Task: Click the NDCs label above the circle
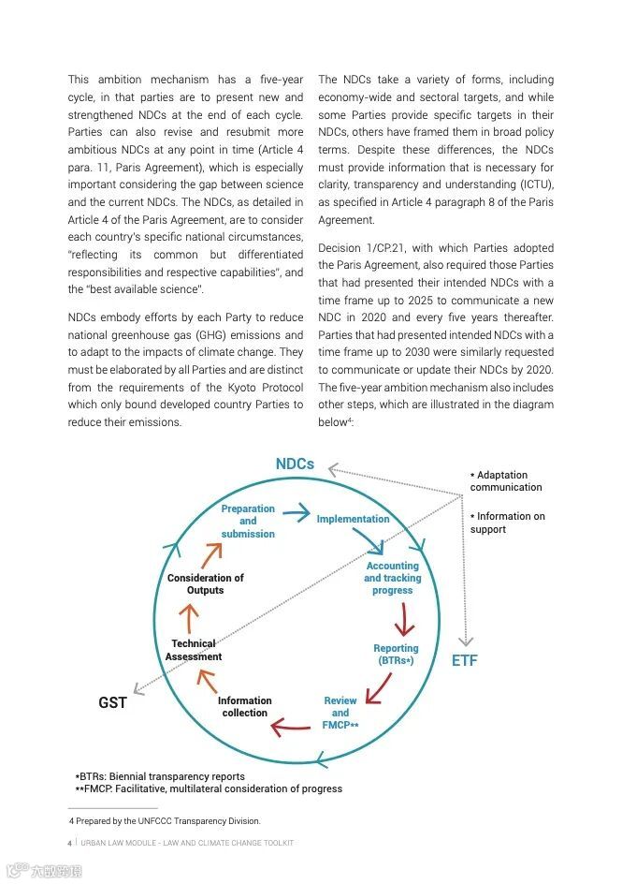click(x=295, y=464)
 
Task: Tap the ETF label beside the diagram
click(x=464, y=660)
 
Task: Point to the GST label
click(x=112, y=702)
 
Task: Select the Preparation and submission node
click(x=248, y=522)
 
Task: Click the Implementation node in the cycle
click(x=353, y=519)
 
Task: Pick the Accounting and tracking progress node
click(x=392, y=578)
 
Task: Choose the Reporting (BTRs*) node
click(x=396, y=655)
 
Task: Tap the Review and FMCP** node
click(x=340, y=713)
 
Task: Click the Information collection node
click(x=245, y=707)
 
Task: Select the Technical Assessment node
click(x=194, y=650)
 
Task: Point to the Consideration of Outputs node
click(x=205, y=583)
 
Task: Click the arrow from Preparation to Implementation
click(x=297, y=512)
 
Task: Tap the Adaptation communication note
click(x=505, y=481)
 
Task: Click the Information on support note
click(x=507, y=523)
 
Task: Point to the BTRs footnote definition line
click(x=160, y=776)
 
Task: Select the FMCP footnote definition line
click(x=209, y=788)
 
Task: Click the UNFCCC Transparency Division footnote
click(x=165, y=821)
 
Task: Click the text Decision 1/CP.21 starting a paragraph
click(x=355, y=248)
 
